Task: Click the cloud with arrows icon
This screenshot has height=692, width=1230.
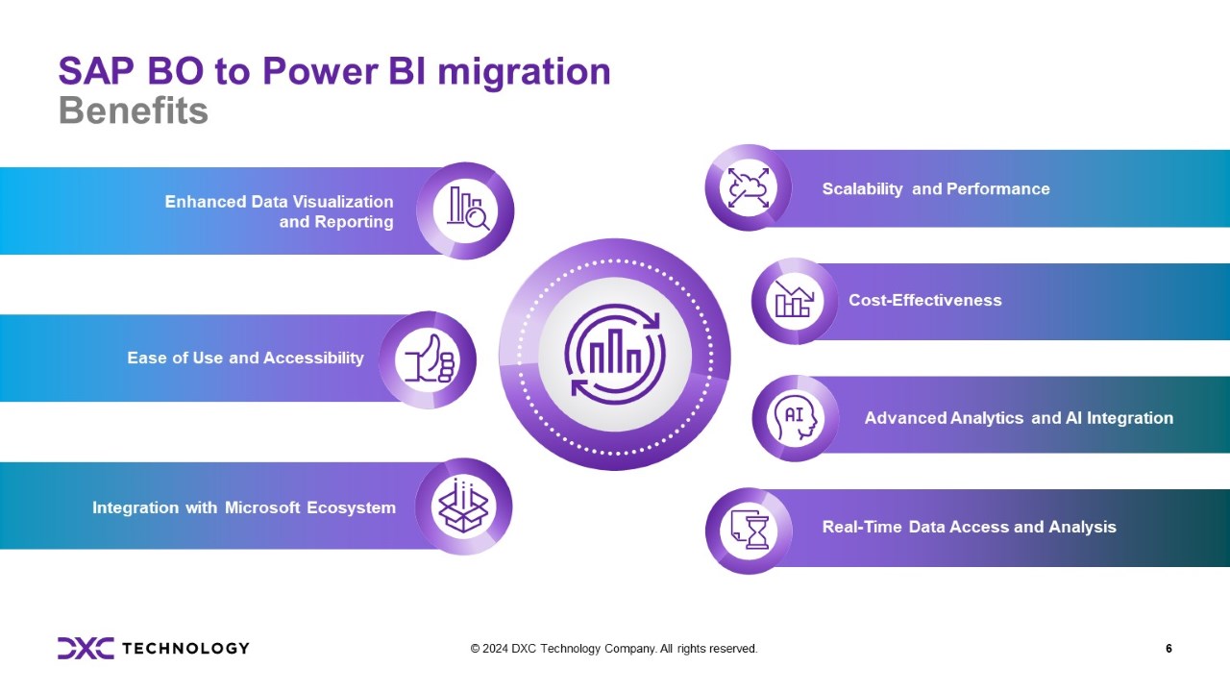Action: [x=749, y=187]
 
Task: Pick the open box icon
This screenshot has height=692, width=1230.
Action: [x=463, y=507]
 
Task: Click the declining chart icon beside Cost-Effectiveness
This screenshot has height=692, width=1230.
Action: [x=794, y=301]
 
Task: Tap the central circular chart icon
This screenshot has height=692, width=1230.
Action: [x=615, y=355]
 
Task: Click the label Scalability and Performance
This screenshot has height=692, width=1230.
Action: [x=936, y=189]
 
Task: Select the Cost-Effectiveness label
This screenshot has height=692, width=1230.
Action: [x=924, y=301]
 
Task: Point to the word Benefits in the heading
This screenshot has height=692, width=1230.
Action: [x=134, y=111]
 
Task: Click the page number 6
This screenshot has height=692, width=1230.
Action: [x=1168, y=649]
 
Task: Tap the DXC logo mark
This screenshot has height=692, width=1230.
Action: [x=86, y=648]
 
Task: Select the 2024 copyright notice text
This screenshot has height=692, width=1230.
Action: [x=614, y=649]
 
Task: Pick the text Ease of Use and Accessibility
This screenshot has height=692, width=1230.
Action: [x=245, y=358]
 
